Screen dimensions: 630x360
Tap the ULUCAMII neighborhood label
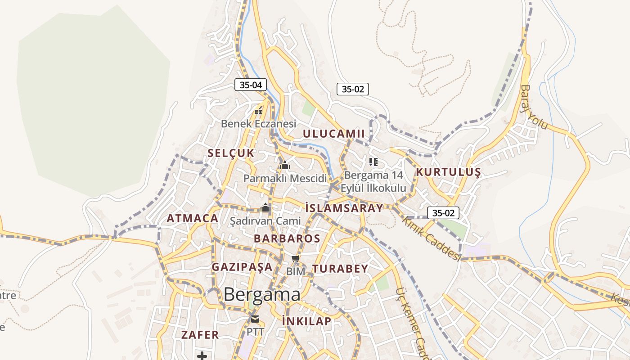pyautogui.click(x=333, y=134)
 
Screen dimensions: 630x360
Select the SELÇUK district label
pyautogui.click(x=231, y=153)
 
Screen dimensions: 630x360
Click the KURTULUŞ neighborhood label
pyautogui.click(x=448, y=172)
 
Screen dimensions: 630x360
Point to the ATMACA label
pyautogui.click(x=192, y=219)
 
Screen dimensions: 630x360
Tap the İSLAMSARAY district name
pyautogui.click(x=344, y=208)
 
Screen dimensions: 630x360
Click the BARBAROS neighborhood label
pyautogui.click(x=287, y=238)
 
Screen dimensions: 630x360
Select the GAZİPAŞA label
pyautogui.click(x=242, y=267)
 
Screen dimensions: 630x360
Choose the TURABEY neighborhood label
pyautogui.click(x=340, y=269)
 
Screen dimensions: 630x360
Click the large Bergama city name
pyautogui.click(x=262, y=295)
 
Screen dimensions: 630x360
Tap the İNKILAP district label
pyautogui.click(x=306, y=321)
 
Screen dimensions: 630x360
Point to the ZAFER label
pyautogui.click(x=200, y=335)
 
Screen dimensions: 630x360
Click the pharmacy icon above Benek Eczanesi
pyautogui.click(x=258, y=110)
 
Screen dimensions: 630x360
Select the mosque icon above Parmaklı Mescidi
pyautogui.click(x=284, y=166)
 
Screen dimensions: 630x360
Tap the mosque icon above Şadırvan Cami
pyautogui.click(x=265, y=208)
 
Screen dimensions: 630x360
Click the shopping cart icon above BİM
pyautogui.click(x=295, y=258)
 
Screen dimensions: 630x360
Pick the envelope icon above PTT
pyautogui.click(x=255, y=319)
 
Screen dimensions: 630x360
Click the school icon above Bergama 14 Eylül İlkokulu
pyautogui.click(x=373, y=162)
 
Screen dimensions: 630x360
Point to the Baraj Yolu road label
pyautogui.click(x=534, y=107)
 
